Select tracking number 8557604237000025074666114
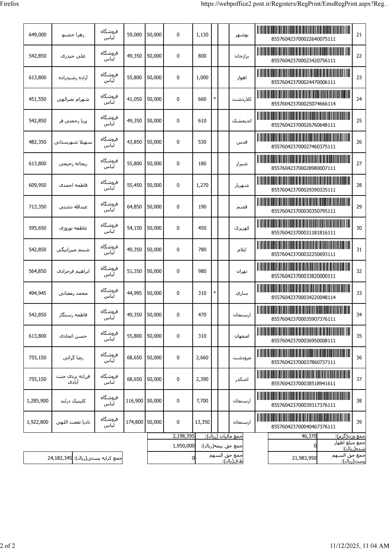tap(303, 104)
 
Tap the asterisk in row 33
tap(215, 293)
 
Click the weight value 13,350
tap(202, 422)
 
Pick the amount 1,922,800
tap(37, 422)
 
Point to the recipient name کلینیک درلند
tap(73, 400)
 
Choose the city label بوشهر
tap(242, 35)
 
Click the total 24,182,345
tap(59, 459)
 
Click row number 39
tap(359, 422)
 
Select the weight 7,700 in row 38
tap(202, 400)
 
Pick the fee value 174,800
tap(134, 422)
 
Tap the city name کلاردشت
tap(242, 99)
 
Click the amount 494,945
tap(37, 293)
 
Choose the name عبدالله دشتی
tap(73, 207)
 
